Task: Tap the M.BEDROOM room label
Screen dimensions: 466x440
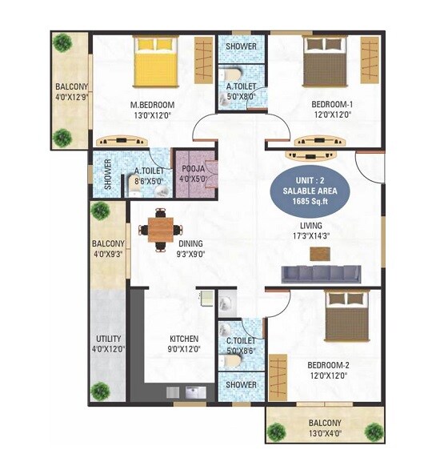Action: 152,105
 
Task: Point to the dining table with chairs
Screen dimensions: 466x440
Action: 160,229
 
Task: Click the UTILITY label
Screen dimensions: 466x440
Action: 109,339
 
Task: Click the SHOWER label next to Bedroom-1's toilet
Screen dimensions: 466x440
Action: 241,46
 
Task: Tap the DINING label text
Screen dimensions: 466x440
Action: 190,243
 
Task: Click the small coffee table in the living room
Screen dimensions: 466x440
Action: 320,254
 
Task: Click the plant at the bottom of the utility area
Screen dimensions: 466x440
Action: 100,392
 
